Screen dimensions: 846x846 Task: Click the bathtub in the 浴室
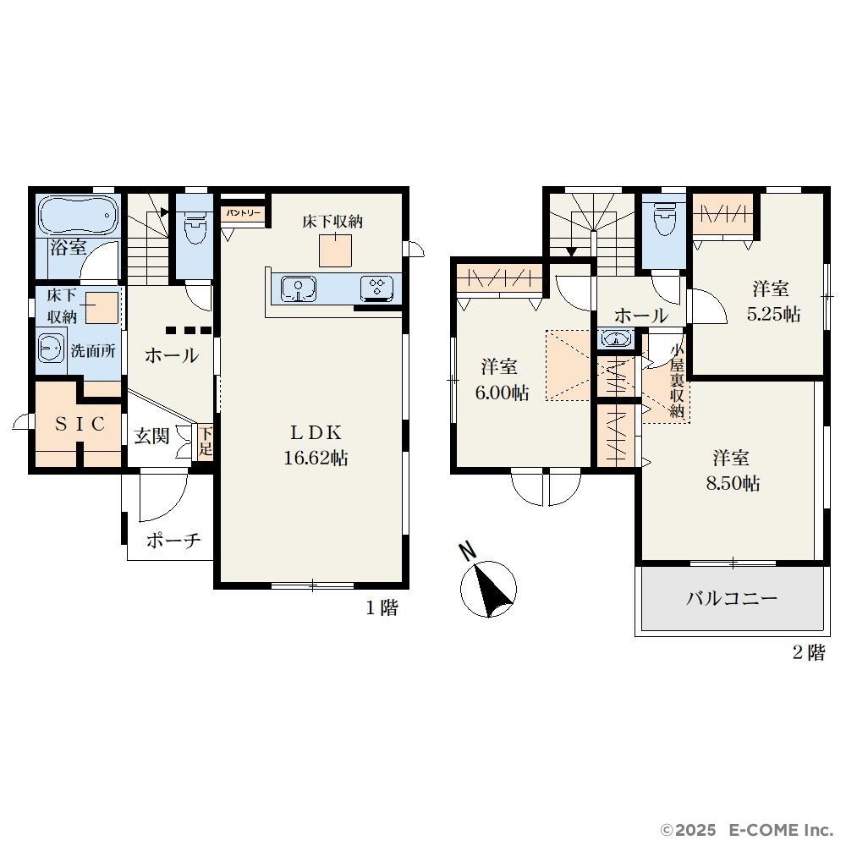tap(77, 215)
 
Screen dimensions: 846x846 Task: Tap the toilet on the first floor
tap(195, 226)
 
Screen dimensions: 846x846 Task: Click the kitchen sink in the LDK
tap(299, 288)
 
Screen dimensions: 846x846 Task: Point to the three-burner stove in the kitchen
tap(376, 287)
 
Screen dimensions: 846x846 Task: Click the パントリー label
tap(243, 213)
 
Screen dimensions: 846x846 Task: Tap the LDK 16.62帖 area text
tap(316, 445)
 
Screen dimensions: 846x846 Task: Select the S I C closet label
tap(80, 425)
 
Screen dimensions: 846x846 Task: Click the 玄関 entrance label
tap(151, 436)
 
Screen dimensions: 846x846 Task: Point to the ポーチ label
tap(173, 540)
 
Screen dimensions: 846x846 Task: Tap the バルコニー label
tap(731, 598)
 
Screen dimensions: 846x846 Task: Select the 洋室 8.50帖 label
tap(733, 470)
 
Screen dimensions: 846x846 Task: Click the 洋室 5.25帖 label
tap(772, 302)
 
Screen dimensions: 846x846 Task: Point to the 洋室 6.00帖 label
tap(501, 379)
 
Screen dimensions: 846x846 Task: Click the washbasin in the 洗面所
tap(52, 348)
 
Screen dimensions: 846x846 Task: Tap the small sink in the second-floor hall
tap(615, 339)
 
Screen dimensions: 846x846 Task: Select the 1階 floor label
tap(382, 608)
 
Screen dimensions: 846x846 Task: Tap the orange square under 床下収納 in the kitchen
tap(335, 251)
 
